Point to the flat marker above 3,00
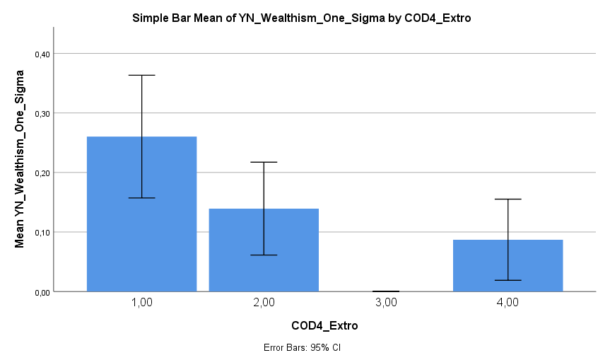tap(386, 291)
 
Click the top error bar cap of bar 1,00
tap(141, 75)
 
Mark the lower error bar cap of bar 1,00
tap(141, 198)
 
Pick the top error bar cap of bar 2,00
tap(264, 162)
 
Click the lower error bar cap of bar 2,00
tap(264, 255)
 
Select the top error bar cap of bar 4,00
tap(508, 199)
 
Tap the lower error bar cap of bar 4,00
tap(508, 281)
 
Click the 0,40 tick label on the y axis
tap(42, 54)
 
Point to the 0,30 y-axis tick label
tap(42, 113)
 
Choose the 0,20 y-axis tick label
tap(42, 173)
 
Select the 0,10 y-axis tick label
tap(42, 232)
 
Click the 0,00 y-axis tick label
tap(42, 291)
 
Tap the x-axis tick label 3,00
tap(386, 302)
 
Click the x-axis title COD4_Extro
tap(324, 326)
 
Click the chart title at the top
tap(302, 18)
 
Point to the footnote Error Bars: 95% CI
tap(302, 347)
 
